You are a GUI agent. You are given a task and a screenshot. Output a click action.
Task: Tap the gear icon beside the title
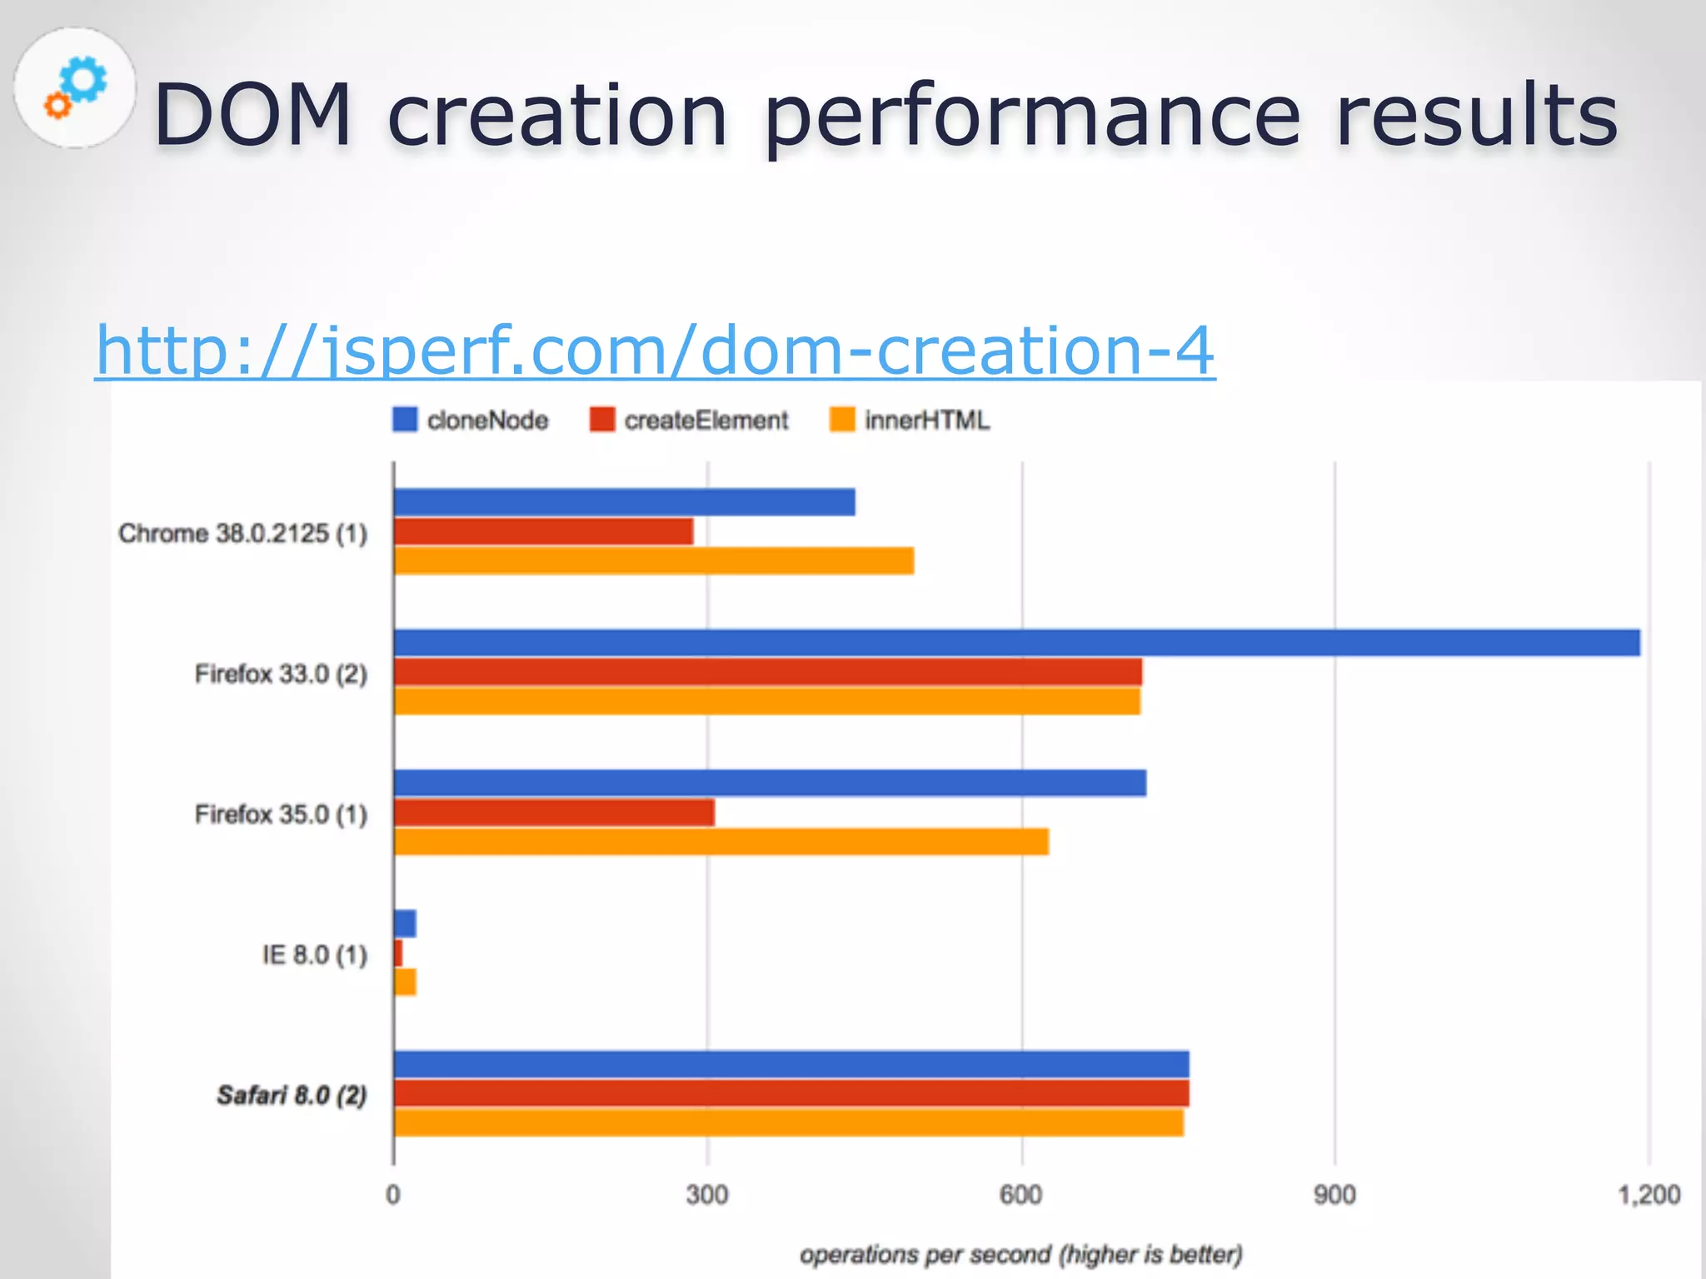[x=75, y=88]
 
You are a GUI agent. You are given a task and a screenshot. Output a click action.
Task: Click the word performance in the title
[x=1031, y=117]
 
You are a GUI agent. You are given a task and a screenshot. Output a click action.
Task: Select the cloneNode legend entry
[x=471, y=421]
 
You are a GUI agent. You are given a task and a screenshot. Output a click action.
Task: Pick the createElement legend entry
[x=689, y=421]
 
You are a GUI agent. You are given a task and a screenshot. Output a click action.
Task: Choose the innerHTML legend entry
[x=910, y=421]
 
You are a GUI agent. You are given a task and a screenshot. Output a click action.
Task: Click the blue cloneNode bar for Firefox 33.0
[x=1016, y=643]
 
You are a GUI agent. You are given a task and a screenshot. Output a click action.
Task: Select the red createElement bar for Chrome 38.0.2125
[x=543, y=531]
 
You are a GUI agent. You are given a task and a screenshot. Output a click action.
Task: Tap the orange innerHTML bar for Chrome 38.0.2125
[x=654, y=560]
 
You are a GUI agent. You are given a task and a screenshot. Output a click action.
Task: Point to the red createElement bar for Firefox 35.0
[x=554, y=813]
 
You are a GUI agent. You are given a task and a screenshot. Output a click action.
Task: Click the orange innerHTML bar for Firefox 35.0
[x=721, y=842]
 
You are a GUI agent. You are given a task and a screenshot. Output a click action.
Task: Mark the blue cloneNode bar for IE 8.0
[x=405, y=923]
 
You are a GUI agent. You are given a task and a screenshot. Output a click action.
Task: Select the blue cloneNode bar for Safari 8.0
[x=791, y=1064]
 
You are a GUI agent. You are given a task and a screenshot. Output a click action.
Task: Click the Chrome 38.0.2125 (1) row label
[x=242, y=533]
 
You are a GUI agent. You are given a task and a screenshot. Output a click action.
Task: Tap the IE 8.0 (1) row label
[x=314, y=954]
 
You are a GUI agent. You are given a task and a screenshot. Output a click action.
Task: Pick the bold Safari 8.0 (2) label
[x=292, y=1095]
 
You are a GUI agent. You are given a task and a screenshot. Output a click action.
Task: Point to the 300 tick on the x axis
[x=707, y=1195]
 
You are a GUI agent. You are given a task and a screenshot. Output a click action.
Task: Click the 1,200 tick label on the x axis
[x=1649, y=1195]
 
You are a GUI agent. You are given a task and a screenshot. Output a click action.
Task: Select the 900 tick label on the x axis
[x=1334, y=1195]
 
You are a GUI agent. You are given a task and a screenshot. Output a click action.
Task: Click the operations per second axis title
[x=1020, y=1254]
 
